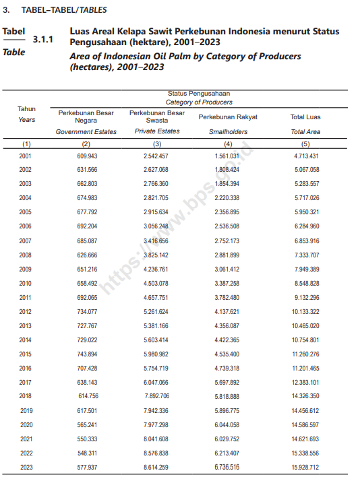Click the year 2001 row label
click(x=26, y=156)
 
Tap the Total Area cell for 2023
click(x=305, y=467)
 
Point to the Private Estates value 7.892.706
click(x=156, y=396)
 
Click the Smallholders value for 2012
click(x=227, y=311)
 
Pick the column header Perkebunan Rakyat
click(x=228, y=117)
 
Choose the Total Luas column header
click(x=305, y=117)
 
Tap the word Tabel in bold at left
click(x=14, y=32)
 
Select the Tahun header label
click(x=26, y=108)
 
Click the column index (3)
click(x=156, y=144)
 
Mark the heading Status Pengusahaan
click(x=199, y=94)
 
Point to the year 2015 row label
click(x=26, y=354)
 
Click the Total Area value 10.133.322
click(x=305, y=311)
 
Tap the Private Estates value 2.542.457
click(x=156, y=156)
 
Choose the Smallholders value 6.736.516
click(x=227, y=467)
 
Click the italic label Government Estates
click(x=86, y=132)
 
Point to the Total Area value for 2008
click(x=305, y=255)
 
